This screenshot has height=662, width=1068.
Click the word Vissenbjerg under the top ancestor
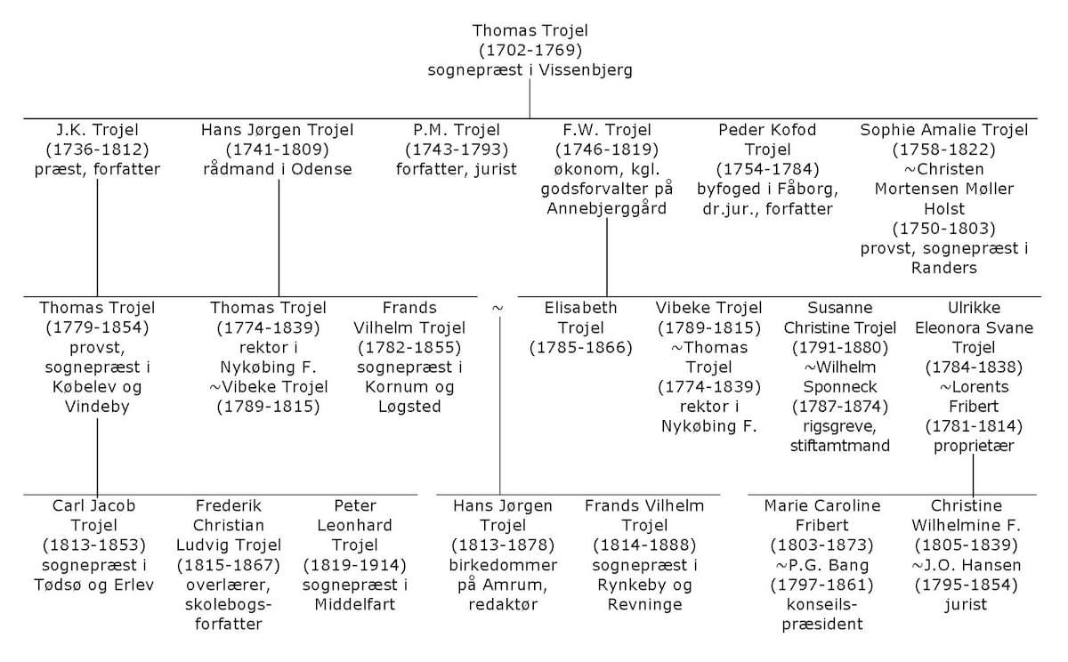[x=586, y=70]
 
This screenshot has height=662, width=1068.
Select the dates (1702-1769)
[x=530, y=50]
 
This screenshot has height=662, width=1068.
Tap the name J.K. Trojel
[x=97, y=130]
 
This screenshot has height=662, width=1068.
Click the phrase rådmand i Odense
[x=278, y=169]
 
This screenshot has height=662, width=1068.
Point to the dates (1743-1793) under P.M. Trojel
[x=457, y=149]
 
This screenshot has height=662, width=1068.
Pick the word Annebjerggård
[x=606, y=209]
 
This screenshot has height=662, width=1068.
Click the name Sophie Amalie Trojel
[x=944, y=130]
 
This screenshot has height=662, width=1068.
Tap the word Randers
[x=944, y=268]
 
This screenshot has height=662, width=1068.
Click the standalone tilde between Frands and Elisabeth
[x=498, y=309]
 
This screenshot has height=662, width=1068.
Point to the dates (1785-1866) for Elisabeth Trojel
[x=580, y=347]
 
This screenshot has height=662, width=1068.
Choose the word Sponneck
[x=840, y=387]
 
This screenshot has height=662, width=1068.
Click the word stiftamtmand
[x=840, y=446]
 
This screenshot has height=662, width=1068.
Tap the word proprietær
[x=974, y=446]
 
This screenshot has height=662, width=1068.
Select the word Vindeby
[x=97, y=407]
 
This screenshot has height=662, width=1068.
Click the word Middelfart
[x=355, y=604]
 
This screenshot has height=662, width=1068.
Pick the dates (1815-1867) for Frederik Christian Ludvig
[x=229, y=565]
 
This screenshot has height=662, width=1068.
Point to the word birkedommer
[x=503, y=565]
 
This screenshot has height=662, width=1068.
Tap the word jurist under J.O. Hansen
[x=966, y=605]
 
